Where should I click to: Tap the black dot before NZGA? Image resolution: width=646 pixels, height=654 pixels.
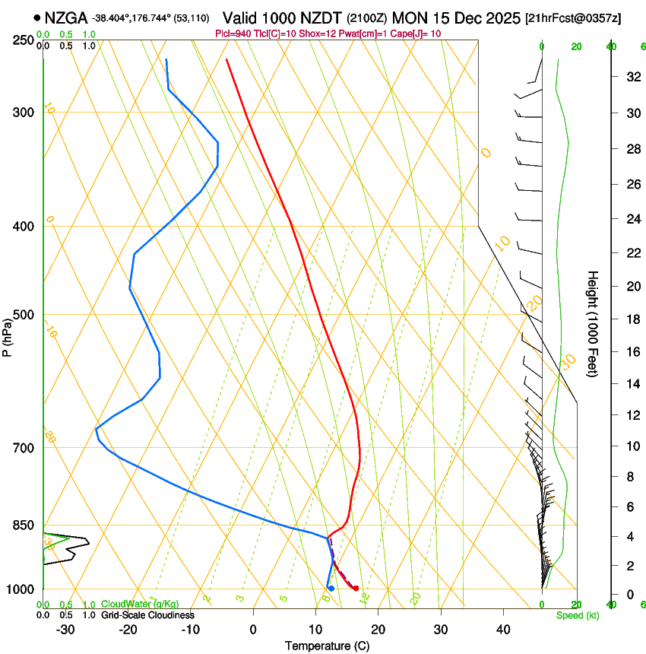click(x=36, y=17)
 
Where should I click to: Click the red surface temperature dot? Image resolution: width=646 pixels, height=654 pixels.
click(x=356, y=588)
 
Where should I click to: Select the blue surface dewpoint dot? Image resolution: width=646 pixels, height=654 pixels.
click(x=331, y=588)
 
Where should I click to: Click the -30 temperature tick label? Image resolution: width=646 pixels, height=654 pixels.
click(x=65, y=629)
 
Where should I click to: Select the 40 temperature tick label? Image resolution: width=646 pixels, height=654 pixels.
click(x=502, y=629)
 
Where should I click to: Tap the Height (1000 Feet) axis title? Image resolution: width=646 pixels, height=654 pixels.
click(x=593, y=323)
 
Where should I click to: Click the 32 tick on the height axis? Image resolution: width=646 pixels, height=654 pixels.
click(x=631, y=76)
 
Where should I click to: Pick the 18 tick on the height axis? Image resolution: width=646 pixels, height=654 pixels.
click(x=631, y=319)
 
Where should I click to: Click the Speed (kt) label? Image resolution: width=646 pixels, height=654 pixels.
click(x=577, y=615)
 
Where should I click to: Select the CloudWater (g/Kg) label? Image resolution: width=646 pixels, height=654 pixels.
click(x=140, y=605)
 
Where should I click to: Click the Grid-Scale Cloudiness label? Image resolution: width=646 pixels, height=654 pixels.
click(x=147, y=614)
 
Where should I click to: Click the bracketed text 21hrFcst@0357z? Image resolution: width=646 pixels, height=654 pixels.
click(x=572, y=17)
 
